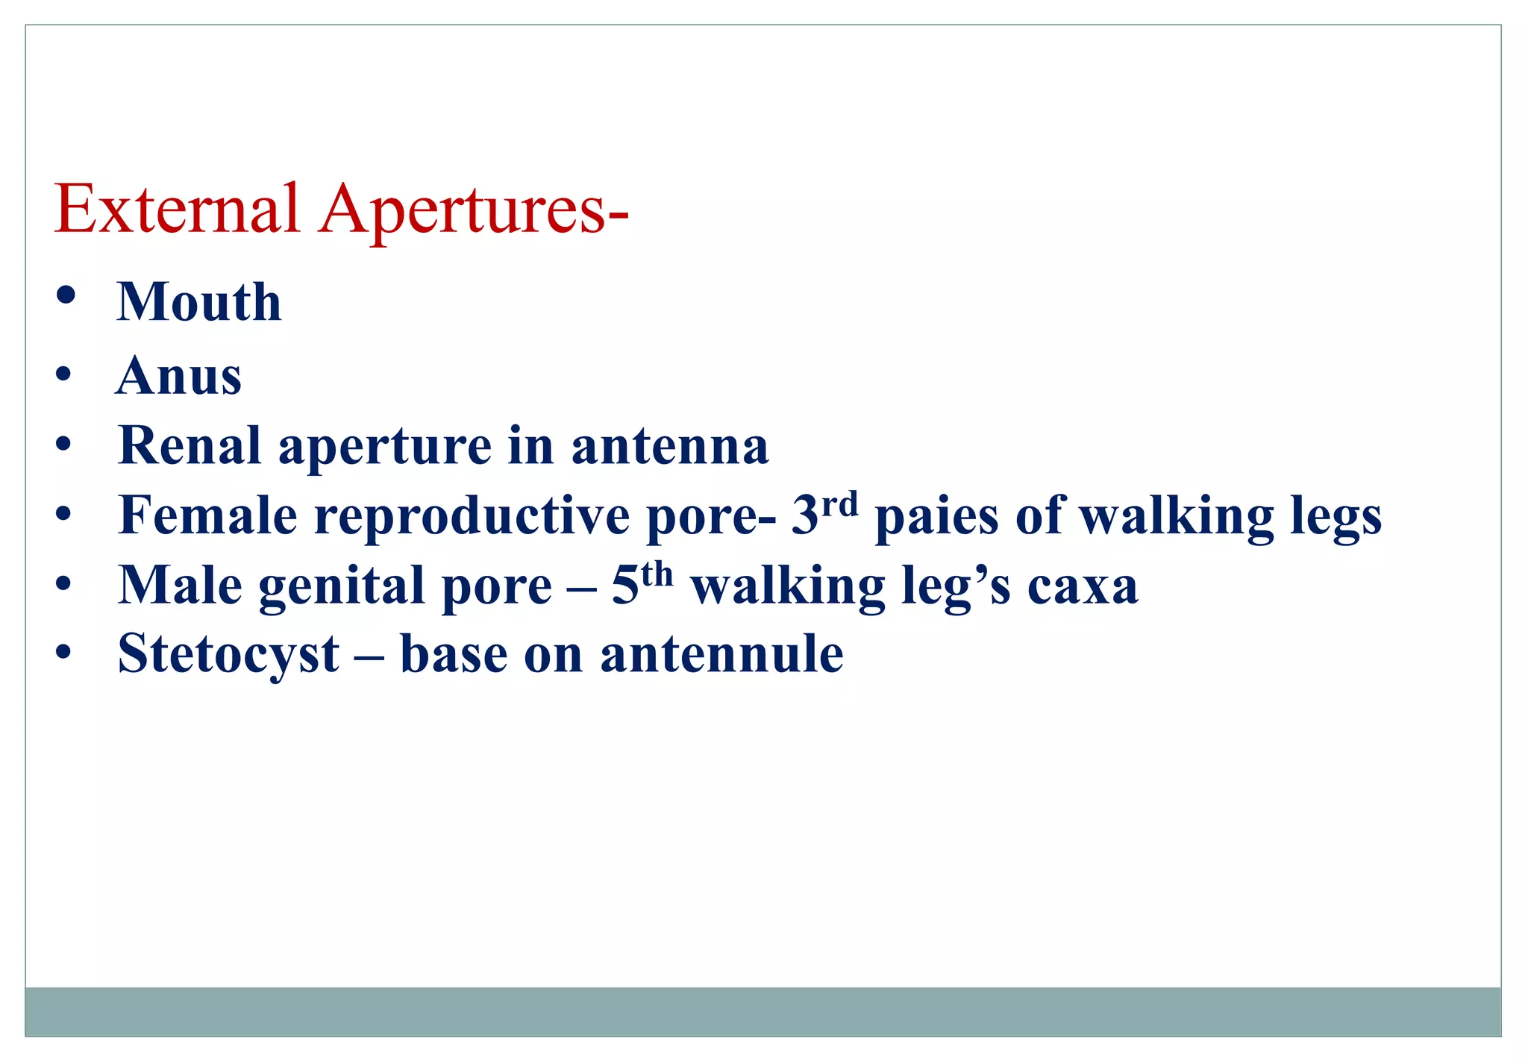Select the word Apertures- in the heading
tap(475, 210)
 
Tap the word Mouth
tap(199, 302)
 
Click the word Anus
tap(179, 375)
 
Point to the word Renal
tap(190, 445)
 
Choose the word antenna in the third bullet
tap(669, 445)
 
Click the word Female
tap(207, 515)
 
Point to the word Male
tap(180, 585)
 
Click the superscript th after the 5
tap(657, 574)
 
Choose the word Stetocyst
tap(228, 654)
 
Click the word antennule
tap(721, 654)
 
